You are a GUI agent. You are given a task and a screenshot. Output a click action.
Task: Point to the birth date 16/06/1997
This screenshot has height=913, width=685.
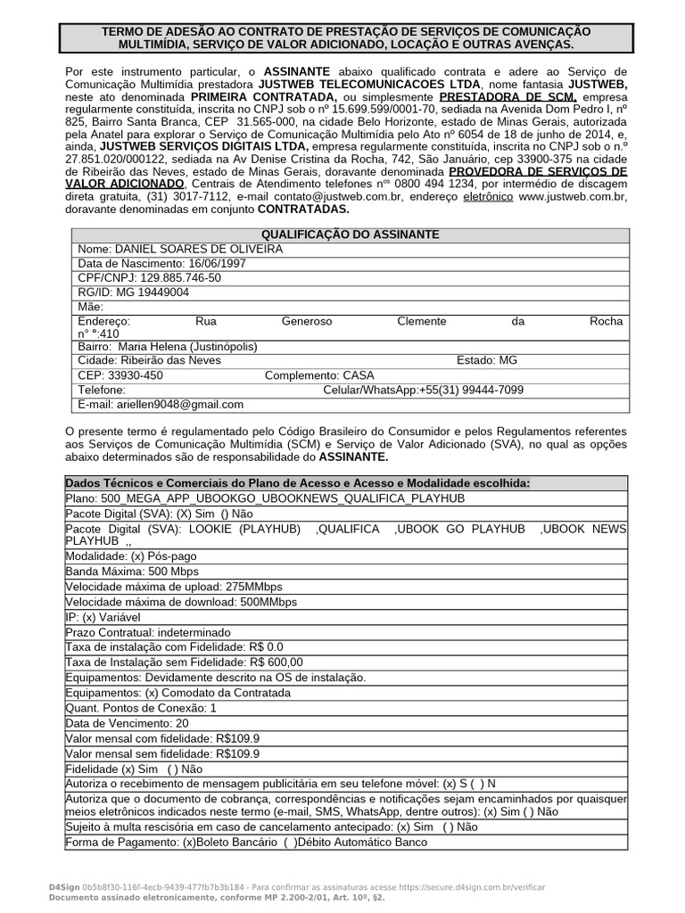[217, 264]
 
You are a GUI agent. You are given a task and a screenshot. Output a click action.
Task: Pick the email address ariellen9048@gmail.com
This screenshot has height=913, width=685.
[180, 404]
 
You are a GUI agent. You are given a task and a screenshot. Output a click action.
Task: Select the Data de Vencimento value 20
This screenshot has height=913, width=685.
[182, 723]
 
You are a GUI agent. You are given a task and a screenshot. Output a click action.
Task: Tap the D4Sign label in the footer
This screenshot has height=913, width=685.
[63, 888]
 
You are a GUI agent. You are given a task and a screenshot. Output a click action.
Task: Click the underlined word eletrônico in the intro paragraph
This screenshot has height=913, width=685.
[486, 195]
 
